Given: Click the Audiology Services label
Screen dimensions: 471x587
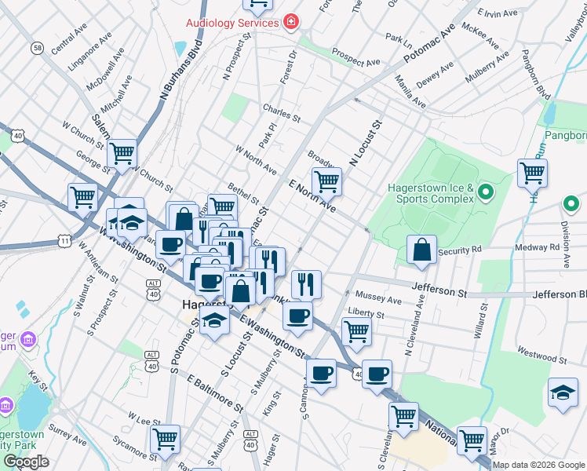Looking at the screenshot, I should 232,22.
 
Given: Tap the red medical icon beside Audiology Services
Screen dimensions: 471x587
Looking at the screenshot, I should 291,20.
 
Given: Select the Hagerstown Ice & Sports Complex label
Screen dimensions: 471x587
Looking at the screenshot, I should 431,194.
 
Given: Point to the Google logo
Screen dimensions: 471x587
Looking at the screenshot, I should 26,462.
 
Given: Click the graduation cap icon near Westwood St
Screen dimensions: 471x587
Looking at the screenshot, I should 563,394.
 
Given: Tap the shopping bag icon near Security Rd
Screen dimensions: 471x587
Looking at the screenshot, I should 422,250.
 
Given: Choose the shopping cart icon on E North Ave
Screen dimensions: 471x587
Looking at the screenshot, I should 327,181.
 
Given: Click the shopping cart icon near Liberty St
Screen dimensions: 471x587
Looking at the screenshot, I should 357,332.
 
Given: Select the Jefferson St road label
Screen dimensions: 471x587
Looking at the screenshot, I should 447,290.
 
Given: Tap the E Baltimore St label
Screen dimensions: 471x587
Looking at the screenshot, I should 215,390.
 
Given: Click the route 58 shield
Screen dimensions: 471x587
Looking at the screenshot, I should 37,49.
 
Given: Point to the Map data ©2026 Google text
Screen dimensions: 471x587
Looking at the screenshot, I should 538,465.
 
